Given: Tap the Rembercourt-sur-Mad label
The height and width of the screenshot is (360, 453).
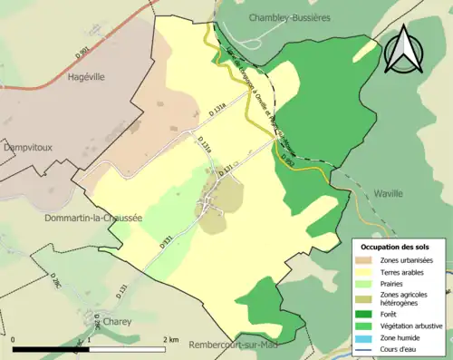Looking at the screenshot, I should coord(240,345).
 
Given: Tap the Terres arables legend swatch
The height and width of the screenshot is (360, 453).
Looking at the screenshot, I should coord(365,271).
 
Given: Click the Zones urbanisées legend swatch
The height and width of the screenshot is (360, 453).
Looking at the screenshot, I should coord(365,260).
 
